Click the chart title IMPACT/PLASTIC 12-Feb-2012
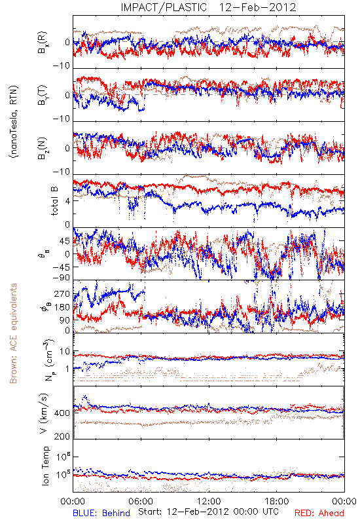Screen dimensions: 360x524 [208, 7]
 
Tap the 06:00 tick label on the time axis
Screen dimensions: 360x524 [141, 501]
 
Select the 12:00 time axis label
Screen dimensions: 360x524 [209, 501]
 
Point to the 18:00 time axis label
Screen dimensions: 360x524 [277, 501]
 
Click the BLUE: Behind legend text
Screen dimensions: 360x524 [101, 513]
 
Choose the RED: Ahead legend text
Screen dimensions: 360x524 [319, 513]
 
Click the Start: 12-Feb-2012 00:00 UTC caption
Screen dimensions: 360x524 [208, 512]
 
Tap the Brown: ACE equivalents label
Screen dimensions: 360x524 [13, 333]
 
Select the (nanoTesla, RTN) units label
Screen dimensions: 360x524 [14, 122]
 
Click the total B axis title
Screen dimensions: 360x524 [54, 200]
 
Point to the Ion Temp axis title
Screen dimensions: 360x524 [45, 466]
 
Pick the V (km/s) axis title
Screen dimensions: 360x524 [44, 414]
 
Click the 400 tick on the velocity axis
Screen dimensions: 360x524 [62, 413]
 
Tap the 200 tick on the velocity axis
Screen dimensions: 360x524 [62, 436]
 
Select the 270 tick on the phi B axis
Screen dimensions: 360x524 [62, 294]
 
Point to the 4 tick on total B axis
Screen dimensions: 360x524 [68, 201]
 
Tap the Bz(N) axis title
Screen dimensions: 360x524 [42, 148]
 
